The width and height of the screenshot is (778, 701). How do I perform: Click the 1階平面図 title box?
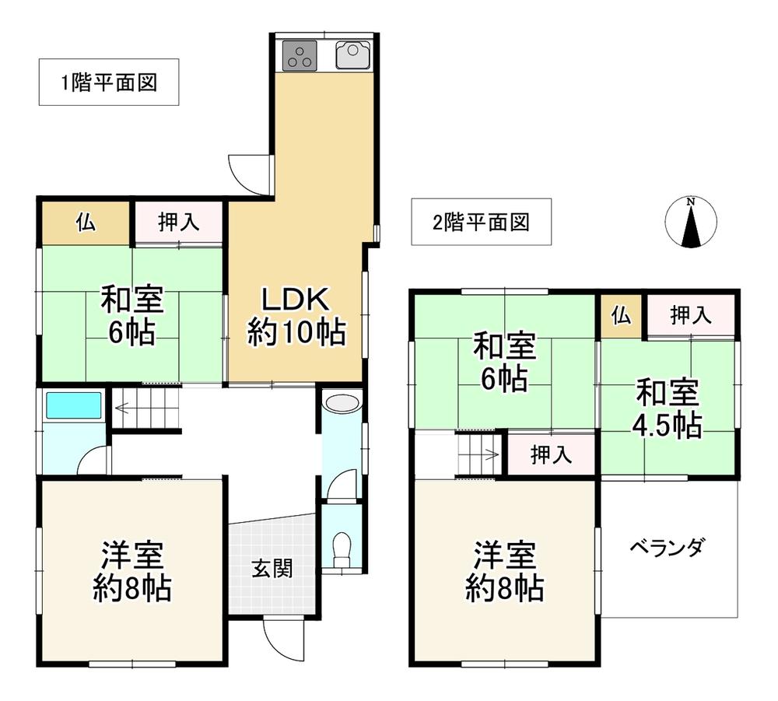[109, 82]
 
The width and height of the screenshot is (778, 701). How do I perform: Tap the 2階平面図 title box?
[481, 223]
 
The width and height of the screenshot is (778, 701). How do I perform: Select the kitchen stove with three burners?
[299, 54]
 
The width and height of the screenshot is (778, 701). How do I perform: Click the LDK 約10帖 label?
[296, 316]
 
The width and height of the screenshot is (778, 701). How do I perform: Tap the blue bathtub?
[74, 406]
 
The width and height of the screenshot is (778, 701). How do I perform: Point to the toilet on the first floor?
[341, 549]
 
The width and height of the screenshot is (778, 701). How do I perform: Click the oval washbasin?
[340, 403]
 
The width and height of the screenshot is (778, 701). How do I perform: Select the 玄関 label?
[272, 569]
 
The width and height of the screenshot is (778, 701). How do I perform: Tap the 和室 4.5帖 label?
[668, 409]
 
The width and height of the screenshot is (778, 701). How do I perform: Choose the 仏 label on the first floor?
[86, 223]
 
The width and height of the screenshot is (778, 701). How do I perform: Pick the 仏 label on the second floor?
[620, 315]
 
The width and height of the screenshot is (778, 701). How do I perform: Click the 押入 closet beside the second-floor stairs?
[551, 455]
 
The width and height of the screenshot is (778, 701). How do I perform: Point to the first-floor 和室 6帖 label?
[131, 315]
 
